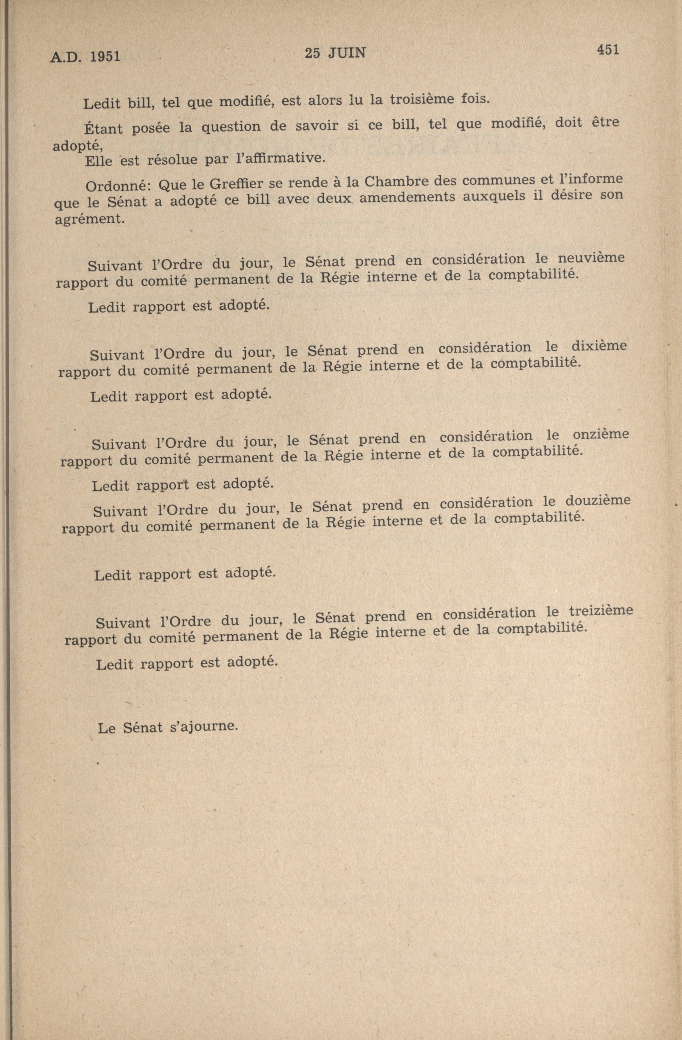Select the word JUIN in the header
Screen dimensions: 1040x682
coord(347,53)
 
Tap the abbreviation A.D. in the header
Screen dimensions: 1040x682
coord(66,58)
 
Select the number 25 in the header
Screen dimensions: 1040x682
coord(312,53)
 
